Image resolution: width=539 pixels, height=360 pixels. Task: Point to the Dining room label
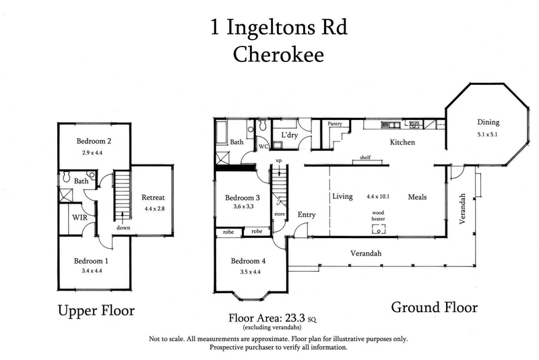488,123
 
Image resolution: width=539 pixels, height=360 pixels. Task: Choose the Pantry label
335,124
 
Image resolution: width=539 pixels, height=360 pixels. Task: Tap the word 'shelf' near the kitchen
366,158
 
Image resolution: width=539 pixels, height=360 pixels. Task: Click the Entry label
307,215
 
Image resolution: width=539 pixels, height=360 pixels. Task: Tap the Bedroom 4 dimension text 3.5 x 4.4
249,273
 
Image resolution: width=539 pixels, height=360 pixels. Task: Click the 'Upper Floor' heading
96,311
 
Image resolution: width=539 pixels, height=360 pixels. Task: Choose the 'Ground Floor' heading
435,307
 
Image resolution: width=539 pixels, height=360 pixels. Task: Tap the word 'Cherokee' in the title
278,55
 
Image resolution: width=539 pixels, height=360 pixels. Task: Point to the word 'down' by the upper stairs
123,228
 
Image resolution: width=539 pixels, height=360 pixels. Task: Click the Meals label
418,197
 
